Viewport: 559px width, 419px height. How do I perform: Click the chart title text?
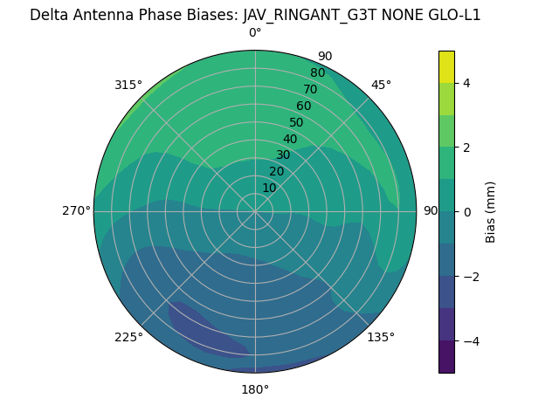click(255, 15)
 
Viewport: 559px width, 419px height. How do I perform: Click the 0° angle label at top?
click(255, 33)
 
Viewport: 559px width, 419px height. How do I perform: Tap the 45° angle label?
click(381, 85)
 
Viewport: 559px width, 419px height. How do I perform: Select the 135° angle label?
click(381, 337)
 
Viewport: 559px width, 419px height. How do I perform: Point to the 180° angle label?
click(255, 389)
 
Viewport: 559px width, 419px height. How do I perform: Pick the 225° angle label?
click(128, 337)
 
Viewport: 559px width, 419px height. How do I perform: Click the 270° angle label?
click(76, 210)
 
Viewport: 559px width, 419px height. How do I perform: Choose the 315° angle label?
click(128, 85)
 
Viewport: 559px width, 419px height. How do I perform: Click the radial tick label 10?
click(269, 188)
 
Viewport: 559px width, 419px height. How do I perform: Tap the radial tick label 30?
click(283, 155)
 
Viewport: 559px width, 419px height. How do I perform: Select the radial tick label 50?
click(296, 122)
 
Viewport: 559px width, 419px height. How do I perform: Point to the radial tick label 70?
click(310, 89)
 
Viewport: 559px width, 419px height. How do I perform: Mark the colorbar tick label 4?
click(467, 83)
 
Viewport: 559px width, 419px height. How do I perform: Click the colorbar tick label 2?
click(467, 148)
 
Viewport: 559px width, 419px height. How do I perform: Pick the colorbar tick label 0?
click(467, 211)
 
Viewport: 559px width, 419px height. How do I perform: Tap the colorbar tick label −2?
click(467, 276)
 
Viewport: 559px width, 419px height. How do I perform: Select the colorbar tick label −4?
click(467, 340)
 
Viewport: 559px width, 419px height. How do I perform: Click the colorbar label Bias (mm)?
click(491, 211)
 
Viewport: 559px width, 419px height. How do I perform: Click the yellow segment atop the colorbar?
click(446, 67)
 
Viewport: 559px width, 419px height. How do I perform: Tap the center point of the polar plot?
click(255, 211)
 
